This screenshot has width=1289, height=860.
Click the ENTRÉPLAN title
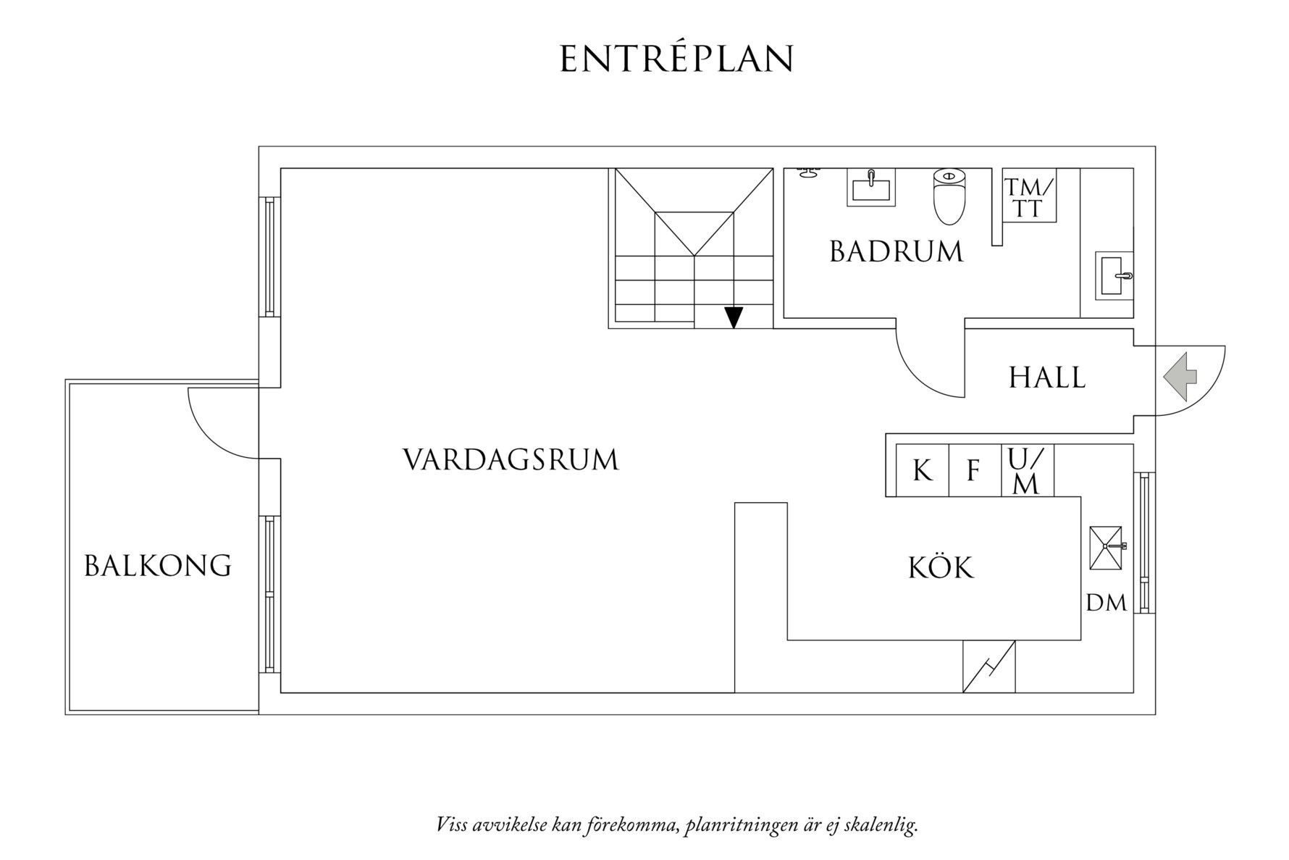click(x=676, y=59)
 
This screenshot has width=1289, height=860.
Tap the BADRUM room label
click(x=896, y=252)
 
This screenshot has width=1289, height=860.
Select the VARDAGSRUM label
click(x=511, y=460)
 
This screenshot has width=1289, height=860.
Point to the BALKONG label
click(x=158, y=566)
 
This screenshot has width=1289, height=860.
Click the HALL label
click(x=1047, y=378)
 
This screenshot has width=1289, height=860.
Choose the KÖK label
click(x=941, y=567)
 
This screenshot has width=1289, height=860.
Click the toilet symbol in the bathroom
click(x=949, y=196)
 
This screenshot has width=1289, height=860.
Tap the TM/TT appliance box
click(x=1028, y=197)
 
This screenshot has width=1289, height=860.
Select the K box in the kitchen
click(x=922, y=471)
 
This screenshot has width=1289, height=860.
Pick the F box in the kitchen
click(x=974, y=471)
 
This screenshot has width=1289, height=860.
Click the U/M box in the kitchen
click(x=1027, y=471)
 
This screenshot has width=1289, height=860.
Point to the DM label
click(x=1107, y=603)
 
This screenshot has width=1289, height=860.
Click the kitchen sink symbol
click(x=1106, y=548)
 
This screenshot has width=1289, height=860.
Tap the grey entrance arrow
click(x=1180, y=377)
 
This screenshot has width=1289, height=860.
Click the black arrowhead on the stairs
click(x=734, y=317)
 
